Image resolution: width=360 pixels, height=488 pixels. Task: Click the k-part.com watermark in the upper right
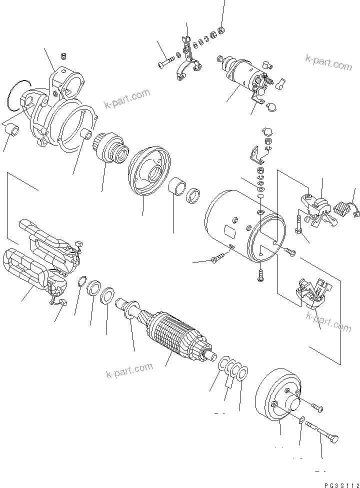coord(329,63)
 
